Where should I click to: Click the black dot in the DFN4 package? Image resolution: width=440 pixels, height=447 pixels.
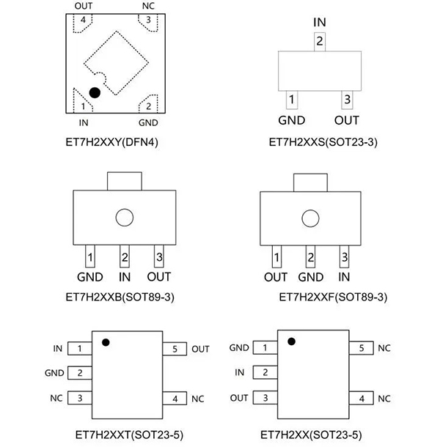click(95, 92)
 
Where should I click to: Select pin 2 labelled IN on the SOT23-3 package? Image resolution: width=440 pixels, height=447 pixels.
click(319, 41)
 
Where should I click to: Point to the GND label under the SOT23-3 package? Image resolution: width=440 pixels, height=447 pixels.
click(291, 120)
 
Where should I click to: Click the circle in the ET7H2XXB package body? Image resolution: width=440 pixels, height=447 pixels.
click(125, 217)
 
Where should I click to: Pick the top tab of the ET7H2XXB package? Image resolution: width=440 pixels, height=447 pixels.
click(125, 180)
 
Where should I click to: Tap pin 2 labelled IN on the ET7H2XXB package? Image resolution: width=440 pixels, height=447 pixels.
click(125, 258)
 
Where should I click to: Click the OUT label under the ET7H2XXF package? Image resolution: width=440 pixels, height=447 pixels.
click(276, 277)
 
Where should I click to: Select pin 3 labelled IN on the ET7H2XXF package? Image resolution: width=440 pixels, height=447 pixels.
click(344, 258)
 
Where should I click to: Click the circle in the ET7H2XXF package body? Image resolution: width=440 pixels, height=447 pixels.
click(310, 217)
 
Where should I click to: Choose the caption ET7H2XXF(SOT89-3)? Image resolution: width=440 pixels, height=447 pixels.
click(322, 298)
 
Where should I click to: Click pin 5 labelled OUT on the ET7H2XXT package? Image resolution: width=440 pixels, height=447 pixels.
click(175, 349)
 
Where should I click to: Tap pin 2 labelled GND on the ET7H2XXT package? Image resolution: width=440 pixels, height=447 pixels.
click(78, 373)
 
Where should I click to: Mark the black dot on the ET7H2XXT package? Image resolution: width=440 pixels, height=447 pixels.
click(106, 341)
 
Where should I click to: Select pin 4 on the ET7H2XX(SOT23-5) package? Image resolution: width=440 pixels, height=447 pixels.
click(362, 399)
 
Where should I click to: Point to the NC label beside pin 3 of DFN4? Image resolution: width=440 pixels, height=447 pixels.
click(147, 6)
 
